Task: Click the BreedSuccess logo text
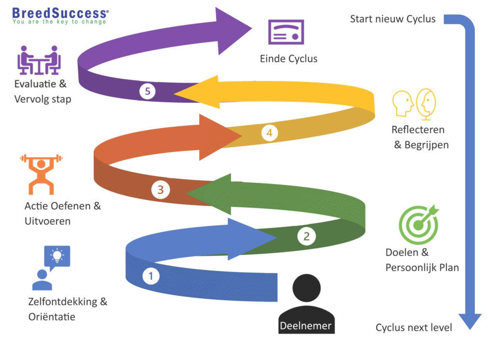pos(60,12)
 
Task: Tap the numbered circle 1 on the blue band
pos(151,276)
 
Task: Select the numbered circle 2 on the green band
pos(307,235)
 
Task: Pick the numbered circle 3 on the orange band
pos(160,190)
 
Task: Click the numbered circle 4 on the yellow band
pos(269,133)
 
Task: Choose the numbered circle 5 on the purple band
pos(148,91)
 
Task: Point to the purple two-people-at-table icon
pos(39,60)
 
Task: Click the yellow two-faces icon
pos(414,103)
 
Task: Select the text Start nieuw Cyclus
pos(393,19)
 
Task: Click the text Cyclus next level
pos(413,327)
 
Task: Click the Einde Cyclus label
pos(289,59)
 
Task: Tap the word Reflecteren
pos(418,130)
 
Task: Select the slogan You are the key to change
pos(59,22)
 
